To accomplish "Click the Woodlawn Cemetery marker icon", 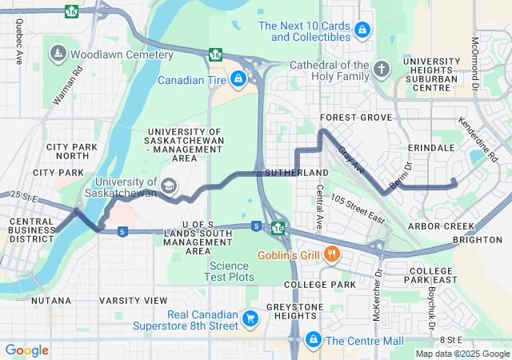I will (x=58, y=54).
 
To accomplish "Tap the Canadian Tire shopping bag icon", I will (x=238, y=79).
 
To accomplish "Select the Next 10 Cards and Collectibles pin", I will (x=362, y=30).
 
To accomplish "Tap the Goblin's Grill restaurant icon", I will (x=331, y=256).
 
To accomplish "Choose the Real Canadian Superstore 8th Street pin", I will (x=250, y=319).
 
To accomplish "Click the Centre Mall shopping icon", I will (x=313, y=340).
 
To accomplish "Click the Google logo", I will (x=26, y=350).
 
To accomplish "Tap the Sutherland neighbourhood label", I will (x=297, y=173).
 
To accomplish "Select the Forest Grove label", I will (x=356, y=118).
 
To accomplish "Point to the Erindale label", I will (x=430, y=149).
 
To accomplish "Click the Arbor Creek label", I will (x=442, y=226).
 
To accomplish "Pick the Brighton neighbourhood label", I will (x=477, y=240).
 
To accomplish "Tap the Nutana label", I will (x=51, y=300).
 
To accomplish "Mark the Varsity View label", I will (x=134, y=300).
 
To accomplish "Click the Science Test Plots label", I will (x=231, y=271).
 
